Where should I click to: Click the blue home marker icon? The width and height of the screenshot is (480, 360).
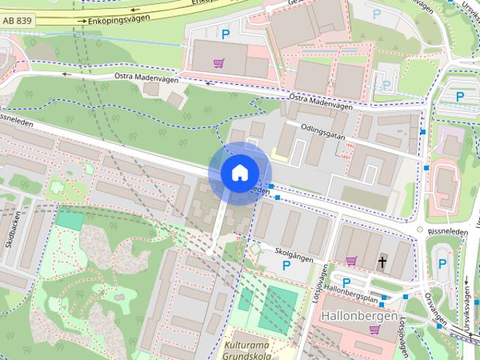coord(238,172)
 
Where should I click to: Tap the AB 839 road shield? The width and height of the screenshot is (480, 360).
coord(16,24)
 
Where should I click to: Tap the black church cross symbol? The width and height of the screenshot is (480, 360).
coord(382,262)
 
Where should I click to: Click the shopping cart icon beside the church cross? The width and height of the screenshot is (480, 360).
coord(350,260)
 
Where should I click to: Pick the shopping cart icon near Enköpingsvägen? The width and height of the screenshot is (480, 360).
coord(218,63)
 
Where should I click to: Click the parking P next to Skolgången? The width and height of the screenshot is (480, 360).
coord(286,265)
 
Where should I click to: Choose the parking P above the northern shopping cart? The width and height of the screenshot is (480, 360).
coord(225,33)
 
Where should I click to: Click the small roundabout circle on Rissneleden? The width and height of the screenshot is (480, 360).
coord(420,229)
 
